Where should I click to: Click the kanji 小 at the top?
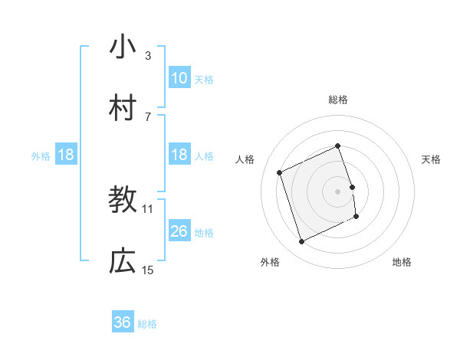click(x=123, y=47)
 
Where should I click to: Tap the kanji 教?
click(x=123, y=200)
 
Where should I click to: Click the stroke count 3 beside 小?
click(x=148, y=55)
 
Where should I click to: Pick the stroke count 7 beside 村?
click(x=148, y=116)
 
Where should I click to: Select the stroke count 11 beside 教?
click(x=148, y=208)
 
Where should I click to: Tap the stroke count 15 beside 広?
click(x=148, y=270)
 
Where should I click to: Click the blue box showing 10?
click(x=179, y=78)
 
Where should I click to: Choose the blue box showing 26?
click(x=179, y=231)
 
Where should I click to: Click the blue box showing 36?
click(x=123, y=323)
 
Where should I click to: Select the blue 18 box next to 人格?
click(x=179, y=155)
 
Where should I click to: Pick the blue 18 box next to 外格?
click(x=66, y=155)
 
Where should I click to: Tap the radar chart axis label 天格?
click(x=432, y=159)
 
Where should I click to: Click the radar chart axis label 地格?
click(x=402, y=262)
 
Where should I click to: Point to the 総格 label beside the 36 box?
click(x=147, y=324)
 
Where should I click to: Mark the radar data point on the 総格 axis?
click(x=338, y=146)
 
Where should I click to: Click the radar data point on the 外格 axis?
click(x=301, y=242)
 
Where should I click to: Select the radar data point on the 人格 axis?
click(x=281, y=172)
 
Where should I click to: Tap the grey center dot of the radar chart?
click(x=338, y=191)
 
